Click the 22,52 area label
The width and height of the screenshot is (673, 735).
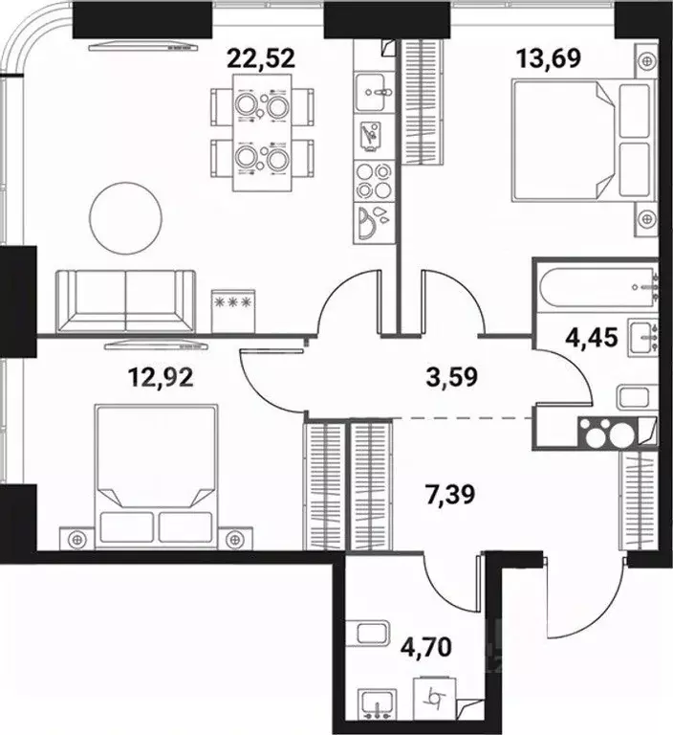click(260, 56)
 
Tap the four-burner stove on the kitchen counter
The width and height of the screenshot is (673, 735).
click(372, 178)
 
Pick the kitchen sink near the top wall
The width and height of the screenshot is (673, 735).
click(373, 96)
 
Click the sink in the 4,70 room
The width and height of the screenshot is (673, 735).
click(380, 704)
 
